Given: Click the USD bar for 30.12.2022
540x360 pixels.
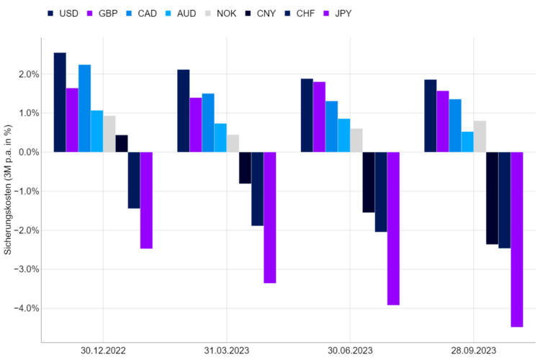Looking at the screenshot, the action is pyautogui.click(x=60, y=102).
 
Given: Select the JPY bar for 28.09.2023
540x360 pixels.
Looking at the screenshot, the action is pyautogui.click(x=517, y=240).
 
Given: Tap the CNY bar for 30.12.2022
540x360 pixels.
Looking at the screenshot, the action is pyautogui.click(x=122, y=143).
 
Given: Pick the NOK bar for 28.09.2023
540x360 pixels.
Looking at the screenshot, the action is pyautogui.click(x=480, y=136).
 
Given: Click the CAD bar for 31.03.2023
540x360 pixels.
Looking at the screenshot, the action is pyautogui.click(x=208, y=122).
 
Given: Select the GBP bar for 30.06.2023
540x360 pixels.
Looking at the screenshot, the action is pyautogui.click(x=319, y=117).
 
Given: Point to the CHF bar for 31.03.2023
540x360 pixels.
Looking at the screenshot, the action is pyautogui.click(x=258, y=189).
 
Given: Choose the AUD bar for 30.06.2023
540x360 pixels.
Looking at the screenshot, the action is pyautogui.click(x=344, y=135).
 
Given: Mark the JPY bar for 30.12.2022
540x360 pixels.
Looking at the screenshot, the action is pyautogui.click(x=146, y=200).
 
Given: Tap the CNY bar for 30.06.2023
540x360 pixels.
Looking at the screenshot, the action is pyautogui.click(x=369, y=182).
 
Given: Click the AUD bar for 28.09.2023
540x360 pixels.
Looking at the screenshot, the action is pyautogui.click(x=467, y=142).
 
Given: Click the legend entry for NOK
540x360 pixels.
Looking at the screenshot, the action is pyautogui.click(x=221, y=14).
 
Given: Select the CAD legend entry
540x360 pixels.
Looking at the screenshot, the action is pyautogui.click(x=142, y=14).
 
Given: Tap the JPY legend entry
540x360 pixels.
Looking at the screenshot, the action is pyautogui.click(x=338, y=14).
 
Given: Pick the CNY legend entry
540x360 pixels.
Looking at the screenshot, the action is pyautogui.click(x=261, y=14).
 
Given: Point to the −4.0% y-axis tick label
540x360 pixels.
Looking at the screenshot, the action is pyautogui.click(x=27, y=308).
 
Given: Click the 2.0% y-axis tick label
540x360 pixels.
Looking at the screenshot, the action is pyautogui.click(x=29, y=74).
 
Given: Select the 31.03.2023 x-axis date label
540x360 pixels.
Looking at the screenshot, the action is pyautogui.click(x=227, y=351).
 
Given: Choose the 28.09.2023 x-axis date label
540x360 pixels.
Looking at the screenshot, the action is pyautogui.click(x=474, y=351).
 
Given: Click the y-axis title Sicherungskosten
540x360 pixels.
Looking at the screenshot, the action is pyautogui.click(x=8, y=189).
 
